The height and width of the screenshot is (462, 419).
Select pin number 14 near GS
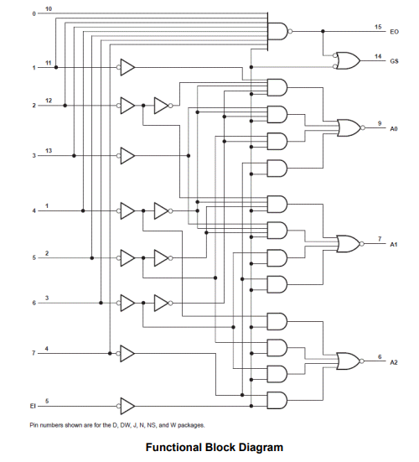(x=378, y=55)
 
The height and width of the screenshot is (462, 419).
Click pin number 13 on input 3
(x=48, y=149)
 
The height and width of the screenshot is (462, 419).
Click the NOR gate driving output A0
(x=347, y=128)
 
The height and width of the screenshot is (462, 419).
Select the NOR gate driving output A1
(x=347, y=244)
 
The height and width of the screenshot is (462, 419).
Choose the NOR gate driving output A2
(x=347, y=361)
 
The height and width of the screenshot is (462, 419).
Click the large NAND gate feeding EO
(x=277, y=32)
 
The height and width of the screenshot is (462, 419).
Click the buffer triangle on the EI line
(x=127, y=406)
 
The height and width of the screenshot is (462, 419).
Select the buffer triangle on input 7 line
(x=127, y=352)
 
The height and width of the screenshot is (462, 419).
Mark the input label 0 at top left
(x=34, y=13)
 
